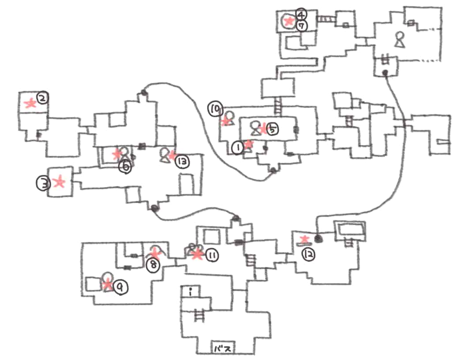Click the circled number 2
coord(42,97)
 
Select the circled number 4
coord(301,13)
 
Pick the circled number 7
coord(302,26)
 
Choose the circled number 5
coord(273,129)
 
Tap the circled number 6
coord(126,167)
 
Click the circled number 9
coord(119,288)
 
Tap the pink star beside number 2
coord(30,104)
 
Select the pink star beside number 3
coord(59,182)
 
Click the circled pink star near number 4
coord(289,20)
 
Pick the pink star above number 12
coord(305,240)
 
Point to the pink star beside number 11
coord(196,255)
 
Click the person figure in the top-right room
coord(399,40)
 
